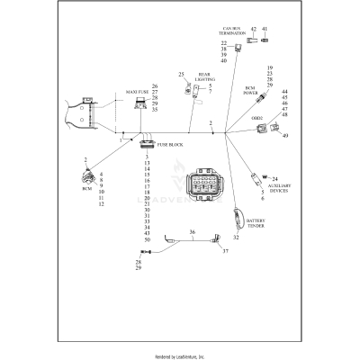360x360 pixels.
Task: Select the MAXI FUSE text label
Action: (124, 92)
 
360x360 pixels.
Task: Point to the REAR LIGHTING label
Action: (205, 80)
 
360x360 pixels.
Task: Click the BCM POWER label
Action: (253, 91)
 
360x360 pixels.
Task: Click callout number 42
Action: (254, 29)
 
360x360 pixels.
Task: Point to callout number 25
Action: (181, 74)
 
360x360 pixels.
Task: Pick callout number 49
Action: (285, 136)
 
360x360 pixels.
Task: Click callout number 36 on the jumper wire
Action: (191, 232)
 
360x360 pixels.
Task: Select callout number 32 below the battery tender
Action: (236, 238)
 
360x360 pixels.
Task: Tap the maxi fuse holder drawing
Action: (141, 103)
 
